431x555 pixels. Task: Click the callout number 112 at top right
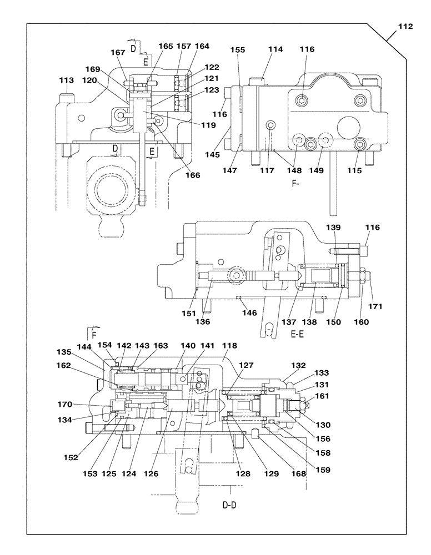(405, 26)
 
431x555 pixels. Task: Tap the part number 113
(66, 80)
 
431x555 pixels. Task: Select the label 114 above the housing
(274, 49)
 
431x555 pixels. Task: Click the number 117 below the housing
(267, 170)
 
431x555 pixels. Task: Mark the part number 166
(192, 175)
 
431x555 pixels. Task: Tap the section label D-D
(232, 506)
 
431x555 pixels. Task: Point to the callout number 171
(377, 306)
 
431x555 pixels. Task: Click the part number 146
(249, 313)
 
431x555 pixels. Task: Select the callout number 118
(229, 345)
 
